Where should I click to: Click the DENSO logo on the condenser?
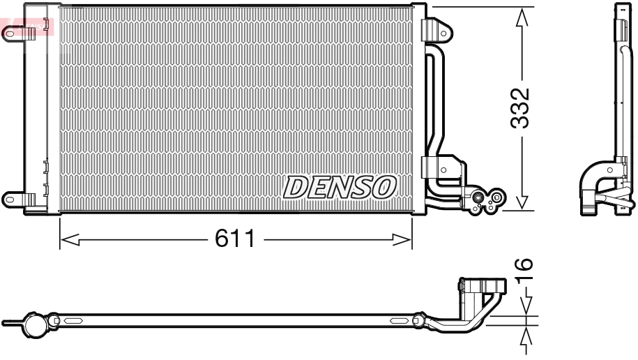tap(340, 187)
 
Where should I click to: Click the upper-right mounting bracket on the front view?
tap(437, 29)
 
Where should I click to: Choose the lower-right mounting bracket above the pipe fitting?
tap(436, 167)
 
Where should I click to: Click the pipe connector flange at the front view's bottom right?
tap(486, 200)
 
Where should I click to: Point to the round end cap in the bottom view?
tap(33, 324)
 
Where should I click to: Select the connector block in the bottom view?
tap(481, 287)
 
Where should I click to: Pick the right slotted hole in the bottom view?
tap(400, 321)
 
